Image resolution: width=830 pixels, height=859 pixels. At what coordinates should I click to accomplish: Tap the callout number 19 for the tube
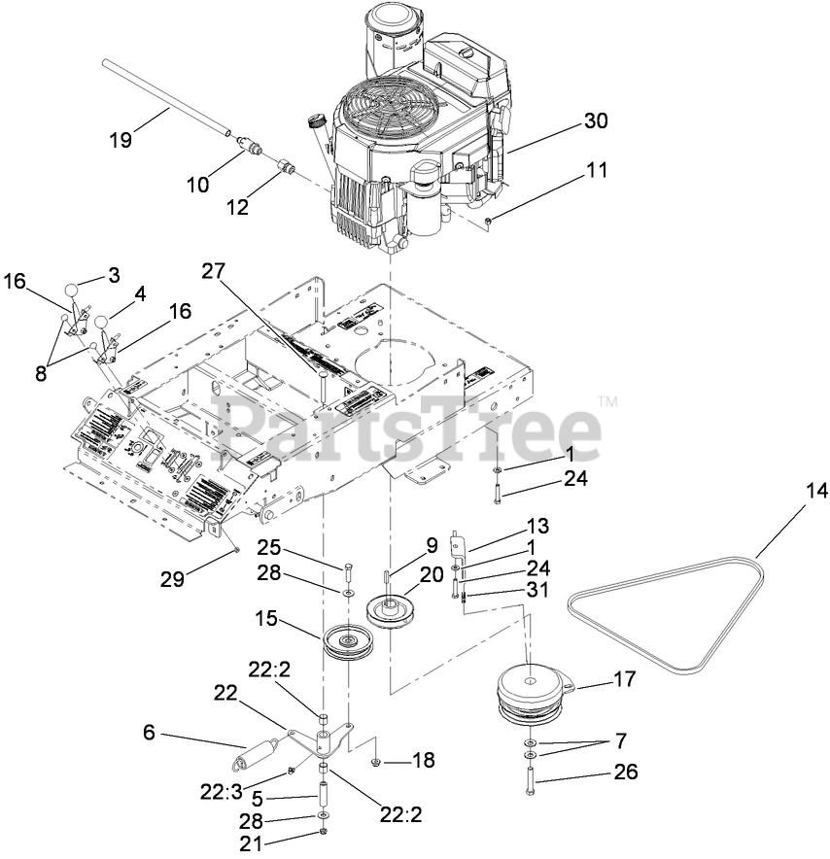[x=120, y=139]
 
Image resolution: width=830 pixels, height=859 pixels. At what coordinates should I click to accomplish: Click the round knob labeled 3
[x=73, y=289]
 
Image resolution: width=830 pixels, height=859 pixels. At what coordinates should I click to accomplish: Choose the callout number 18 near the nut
[x=423, y=760]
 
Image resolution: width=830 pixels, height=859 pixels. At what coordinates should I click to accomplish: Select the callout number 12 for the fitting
[x=238, y=206]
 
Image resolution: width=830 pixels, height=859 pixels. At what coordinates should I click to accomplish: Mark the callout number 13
[x=537, y=526]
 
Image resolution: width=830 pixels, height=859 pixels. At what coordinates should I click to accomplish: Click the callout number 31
[x=537, y=589]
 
